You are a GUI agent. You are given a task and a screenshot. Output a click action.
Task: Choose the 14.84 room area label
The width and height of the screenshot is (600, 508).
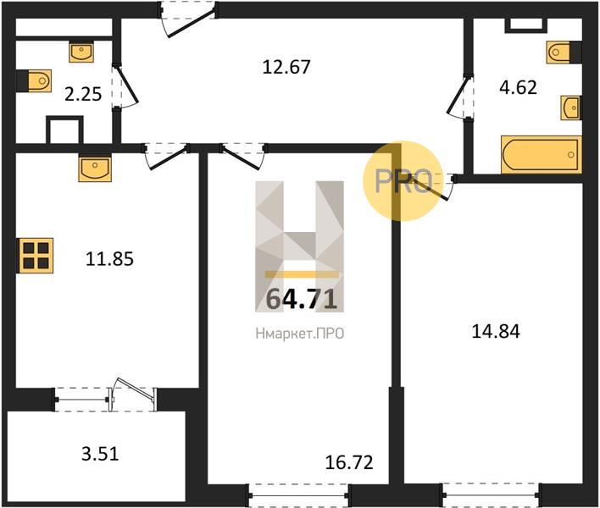click(496, 331)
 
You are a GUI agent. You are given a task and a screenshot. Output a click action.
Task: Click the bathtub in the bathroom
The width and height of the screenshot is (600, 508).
click(541, 155)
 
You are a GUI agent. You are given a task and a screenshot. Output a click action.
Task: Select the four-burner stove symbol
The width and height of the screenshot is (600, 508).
click(36, 254)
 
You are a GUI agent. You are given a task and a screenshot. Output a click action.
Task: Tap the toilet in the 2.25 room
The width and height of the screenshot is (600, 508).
click(35, 81)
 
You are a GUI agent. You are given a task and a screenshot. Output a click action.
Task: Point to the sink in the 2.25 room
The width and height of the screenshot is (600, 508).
click(81, 53)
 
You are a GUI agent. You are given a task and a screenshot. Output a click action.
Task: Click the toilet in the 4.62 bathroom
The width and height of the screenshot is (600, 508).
click(564, 52)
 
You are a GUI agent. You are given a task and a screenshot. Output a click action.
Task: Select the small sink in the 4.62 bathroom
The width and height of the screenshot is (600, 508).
click(570, 108)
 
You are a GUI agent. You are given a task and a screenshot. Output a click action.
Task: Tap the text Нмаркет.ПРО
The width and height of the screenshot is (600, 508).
click(300, 334)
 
